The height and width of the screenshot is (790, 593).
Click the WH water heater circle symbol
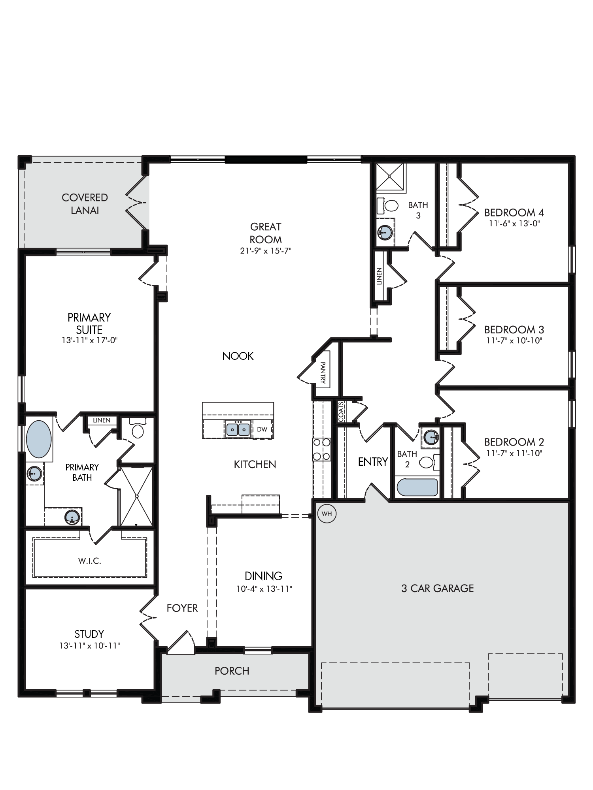pyautogui.click(x=327, y=514)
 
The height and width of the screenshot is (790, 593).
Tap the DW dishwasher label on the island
pyautogui.click(x=262, y=429)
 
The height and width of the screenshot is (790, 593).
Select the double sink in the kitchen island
pyautogui.click(x=238, y=428)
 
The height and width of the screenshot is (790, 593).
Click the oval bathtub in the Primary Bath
pyautogui.click(x=39, y=439)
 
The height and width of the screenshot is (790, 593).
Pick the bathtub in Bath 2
pyautogui.click(x=417, y=487)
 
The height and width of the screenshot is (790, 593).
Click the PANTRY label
pyautogui.click(x=323, y=373)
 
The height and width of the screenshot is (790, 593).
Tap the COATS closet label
pyautogui.click(x=341, y=412)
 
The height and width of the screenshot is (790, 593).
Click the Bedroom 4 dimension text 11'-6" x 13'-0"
pyautogui.click(x=514, y=223)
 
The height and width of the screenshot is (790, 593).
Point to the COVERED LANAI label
pyautogui.click(x=85, y=204)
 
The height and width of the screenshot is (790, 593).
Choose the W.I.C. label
pyautogui.click(x=90, y=561)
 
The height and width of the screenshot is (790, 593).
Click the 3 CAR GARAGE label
pyautogui.click(x=437, y=589)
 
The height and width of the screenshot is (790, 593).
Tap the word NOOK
pyautogui.click(x=238, y=356)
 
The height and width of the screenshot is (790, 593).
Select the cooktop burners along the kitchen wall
pyautogui.click(x=321, y=450)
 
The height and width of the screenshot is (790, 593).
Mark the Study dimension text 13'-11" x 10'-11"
pyautogui.click(x=89, y=645)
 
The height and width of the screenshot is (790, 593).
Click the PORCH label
pyautogui.click(x=232, y=671)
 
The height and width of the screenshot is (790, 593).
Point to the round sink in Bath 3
pyautogui.click(x=385, y=232)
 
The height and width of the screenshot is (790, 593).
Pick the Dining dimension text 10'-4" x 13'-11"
pyautogui.click(x=264, y=589)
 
